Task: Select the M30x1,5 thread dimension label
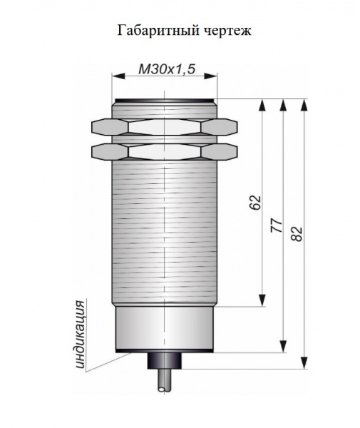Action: pos(167,69)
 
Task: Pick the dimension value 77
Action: pos(277,225)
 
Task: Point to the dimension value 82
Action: pos(297,234)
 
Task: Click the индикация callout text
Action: pos(79,335)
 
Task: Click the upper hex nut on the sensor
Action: pos(165,127)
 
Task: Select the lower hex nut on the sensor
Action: pos(165,151)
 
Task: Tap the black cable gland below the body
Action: pos(165,360)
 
